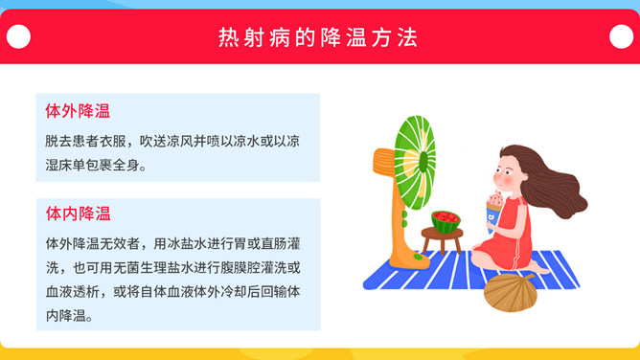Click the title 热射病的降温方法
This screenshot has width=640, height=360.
point(318,37)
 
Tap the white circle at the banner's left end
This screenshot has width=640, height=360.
point(18,36)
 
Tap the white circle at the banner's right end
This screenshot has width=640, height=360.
point(621,36)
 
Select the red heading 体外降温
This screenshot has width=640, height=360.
point(78,111)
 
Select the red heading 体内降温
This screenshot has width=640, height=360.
point(78,214)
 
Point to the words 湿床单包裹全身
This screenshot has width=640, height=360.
point(92,165)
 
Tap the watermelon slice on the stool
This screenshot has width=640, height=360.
point(446,221)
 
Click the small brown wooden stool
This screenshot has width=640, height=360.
point(442,239)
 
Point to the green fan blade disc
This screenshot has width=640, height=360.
point(415,162)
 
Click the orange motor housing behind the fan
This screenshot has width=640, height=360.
point(383,162)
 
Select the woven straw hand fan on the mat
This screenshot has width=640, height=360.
point(509,292)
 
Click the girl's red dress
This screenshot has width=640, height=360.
point(509,236)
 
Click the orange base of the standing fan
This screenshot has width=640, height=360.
point(408,259)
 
